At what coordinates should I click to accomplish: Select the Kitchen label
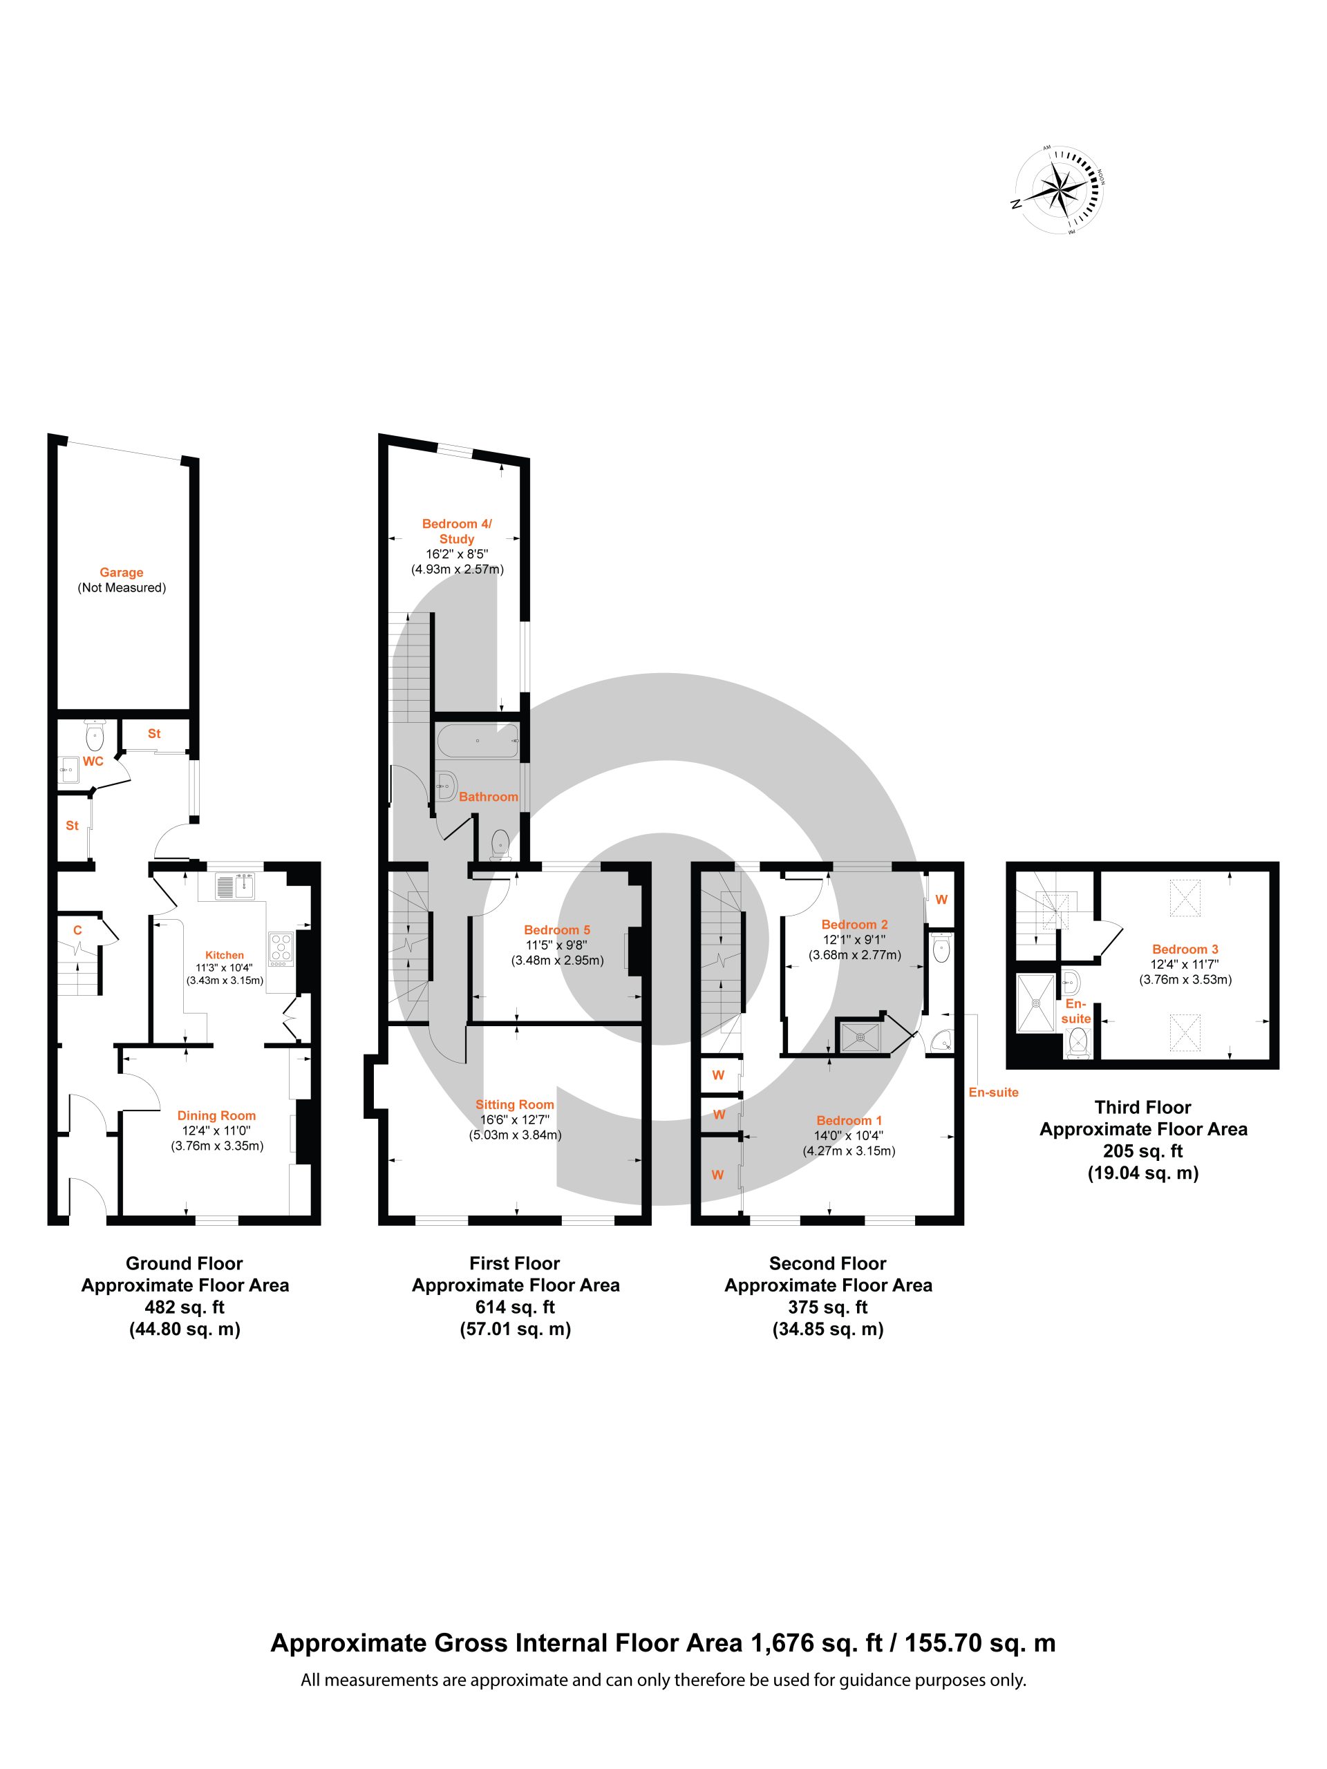(x=224, y=955)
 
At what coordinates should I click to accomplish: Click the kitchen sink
(x=234, y=886)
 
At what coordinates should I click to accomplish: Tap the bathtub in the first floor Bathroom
(x=477, y=741)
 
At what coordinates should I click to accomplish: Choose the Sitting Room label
(x=514, y=1104)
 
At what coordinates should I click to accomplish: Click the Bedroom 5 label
(x=556, y=930)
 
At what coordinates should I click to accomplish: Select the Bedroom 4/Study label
(x=457, y=531)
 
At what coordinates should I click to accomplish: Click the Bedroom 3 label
(x=1185, y=949)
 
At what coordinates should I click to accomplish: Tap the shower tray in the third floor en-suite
(x=1037, y=1001)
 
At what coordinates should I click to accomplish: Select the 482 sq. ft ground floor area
(x=185, y=1307)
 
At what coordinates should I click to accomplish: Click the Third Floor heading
(x=1143, y=1108)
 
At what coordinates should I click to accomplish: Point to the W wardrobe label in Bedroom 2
(x=941, y=900)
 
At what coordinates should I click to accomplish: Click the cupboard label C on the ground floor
(x=77, y=930)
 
